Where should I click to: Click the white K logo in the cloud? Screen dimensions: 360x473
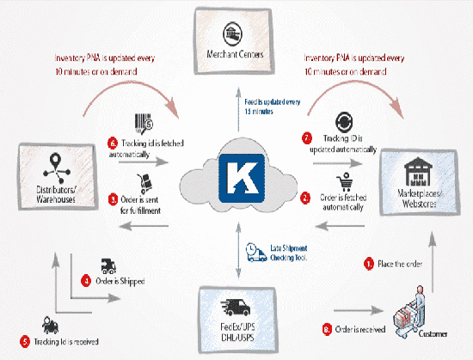point(236,179)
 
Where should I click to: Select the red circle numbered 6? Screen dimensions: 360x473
point(112,142)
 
